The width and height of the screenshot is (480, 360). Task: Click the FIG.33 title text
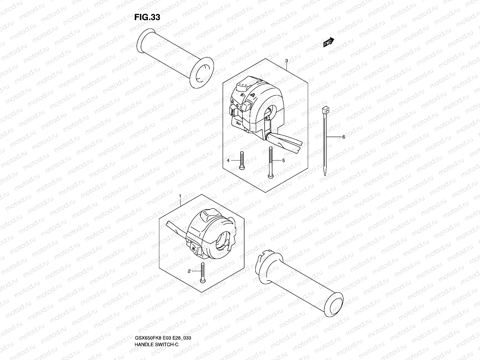pyautogui.click(x=147, y=17)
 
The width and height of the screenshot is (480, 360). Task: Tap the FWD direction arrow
pyautogui.click(x=329, y=42)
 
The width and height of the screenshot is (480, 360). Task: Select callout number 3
pyautogui.click(x=286, y=61)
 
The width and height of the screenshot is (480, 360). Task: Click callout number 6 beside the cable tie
pyautogui.click(x=343, y=137)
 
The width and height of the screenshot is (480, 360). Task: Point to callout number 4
pyautogui.click(x=228, y=160)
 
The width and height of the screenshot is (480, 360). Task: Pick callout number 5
pyautogui.click(x=283, y=160)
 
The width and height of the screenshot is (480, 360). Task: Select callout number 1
pyautogui.click(x=180, y=196)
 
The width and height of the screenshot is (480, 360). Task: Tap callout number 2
pyautogui.click(x=189, y=271)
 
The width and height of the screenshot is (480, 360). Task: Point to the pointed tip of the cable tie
pyautogui.click(x=325, y=173)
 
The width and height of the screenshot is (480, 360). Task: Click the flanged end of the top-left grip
pyautogui.click(x=201, y=73)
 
